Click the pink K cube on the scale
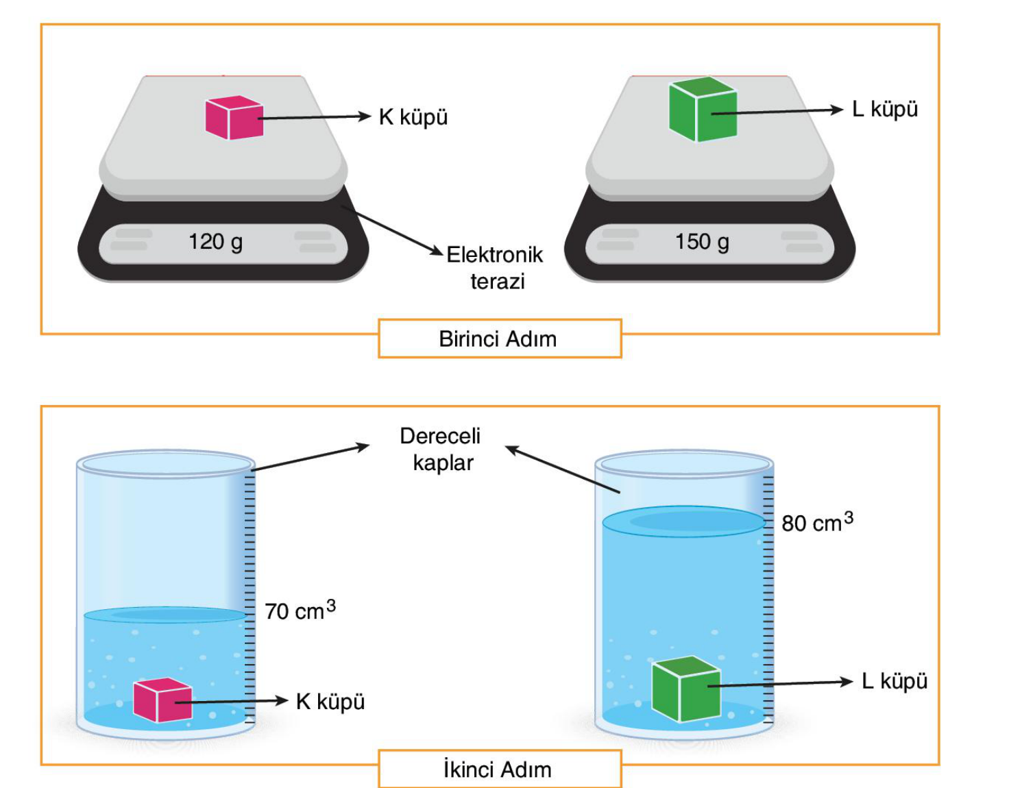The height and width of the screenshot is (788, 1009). (234, 117)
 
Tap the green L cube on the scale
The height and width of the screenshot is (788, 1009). (703, 109)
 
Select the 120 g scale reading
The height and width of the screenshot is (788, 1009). (215, 243)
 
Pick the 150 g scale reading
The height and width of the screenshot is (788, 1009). (702, 243)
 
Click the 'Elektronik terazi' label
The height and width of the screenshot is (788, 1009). (495, 268)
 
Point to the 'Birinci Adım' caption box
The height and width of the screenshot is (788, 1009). (500, 338)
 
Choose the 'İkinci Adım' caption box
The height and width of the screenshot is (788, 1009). (500, 769)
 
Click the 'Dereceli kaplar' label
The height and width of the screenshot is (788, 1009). (440, 450)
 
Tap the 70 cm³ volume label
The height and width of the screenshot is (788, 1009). (300, 611)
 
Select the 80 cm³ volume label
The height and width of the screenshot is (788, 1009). (817, 523)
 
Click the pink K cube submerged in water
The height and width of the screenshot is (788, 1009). (162, 700)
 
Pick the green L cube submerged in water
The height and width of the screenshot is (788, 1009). (686, 689)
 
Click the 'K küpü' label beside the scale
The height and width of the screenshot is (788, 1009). (413, 117)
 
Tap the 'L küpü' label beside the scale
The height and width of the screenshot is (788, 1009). (885, 110)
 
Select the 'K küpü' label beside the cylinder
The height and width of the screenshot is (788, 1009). (330, 701)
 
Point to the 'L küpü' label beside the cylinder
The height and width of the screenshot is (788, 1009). (895, 681)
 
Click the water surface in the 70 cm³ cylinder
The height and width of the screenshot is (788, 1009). (165, 615)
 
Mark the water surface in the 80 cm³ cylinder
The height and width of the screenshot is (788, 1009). (684, 521)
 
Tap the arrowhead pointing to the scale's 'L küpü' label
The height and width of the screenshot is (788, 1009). (836, 110)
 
